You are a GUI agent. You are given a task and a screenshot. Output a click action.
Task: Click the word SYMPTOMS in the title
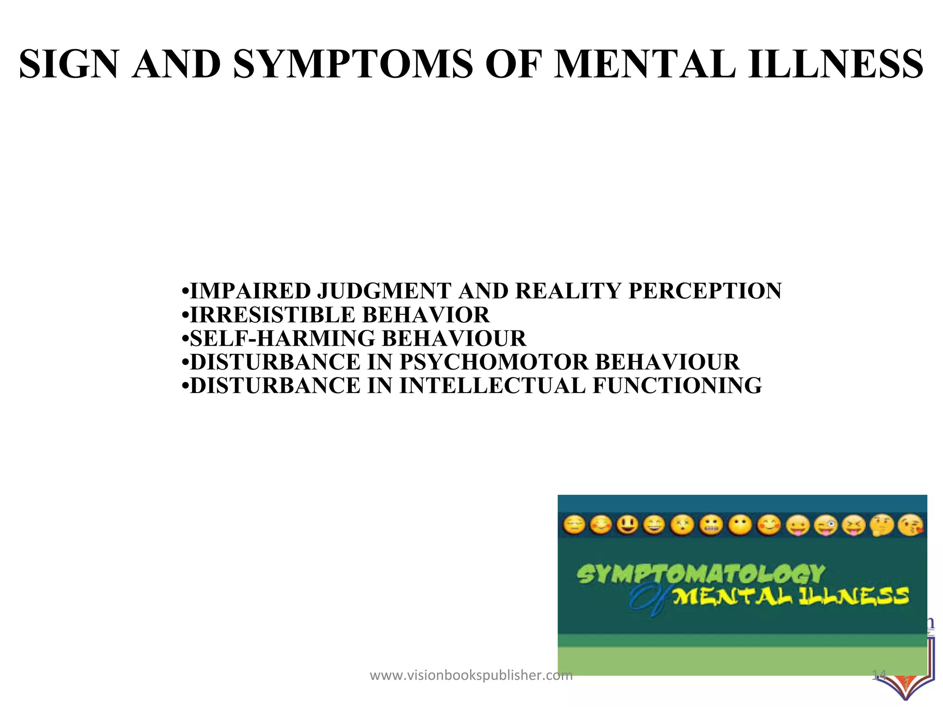click(x=353, y=64)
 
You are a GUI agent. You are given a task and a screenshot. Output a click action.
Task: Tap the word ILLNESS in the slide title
click(x=835, y=64)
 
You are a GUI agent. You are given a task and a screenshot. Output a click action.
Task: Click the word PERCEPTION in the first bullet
click(x=704, y=291)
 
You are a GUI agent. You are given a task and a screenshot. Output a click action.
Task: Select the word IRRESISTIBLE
click(x=273, y=315)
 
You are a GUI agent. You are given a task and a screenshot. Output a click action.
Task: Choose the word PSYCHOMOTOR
click(x=494, y=362)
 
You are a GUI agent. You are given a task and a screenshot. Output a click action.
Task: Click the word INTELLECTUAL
click(x=492, y=385)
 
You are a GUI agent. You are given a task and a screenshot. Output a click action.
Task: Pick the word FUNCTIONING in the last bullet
click(x=677, y=385)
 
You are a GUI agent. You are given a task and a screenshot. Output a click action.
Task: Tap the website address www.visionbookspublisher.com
click(x=471, y=676)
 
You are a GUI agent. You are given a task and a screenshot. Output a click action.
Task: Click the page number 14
click(x=879, y=676)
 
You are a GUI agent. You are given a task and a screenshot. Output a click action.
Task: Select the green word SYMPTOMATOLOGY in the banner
click(x=700, y=574)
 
